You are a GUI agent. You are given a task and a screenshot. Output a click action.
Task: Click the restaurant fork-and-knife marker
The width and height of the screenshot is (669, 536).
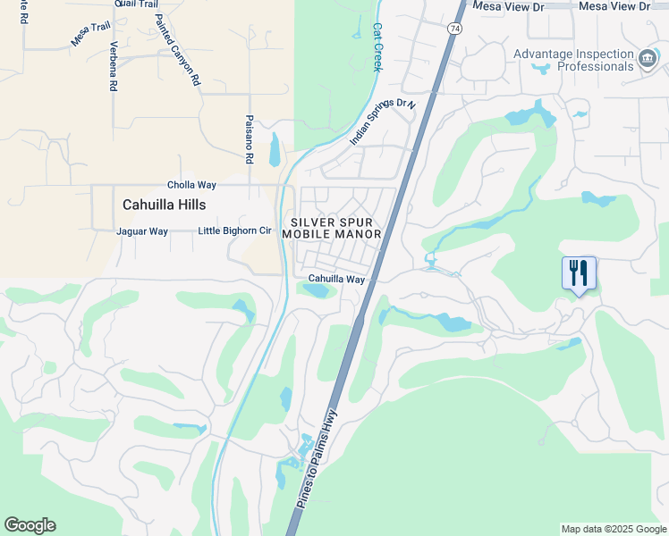[x=579, y=272]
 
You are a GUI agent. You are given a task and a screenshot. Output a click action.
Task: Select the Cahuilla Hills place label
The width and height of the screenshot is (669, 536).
[x=165, y=205]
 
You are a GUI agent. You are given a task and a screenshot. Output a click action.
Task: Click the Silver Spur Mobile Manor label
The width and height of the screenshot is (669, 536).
[x=332, y=228]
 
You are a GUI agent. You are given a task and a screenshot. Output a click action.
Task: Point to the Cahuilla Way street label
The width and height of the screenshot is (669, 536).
[x=337, y=280]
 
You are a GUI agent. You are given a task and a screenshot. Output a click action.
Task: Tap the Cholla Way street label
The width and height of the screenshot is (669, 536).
[x=192, y=185]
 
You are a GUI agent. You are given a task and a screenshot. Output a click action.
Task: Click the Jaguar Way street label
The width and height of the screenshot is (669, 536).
[x=142, y=231]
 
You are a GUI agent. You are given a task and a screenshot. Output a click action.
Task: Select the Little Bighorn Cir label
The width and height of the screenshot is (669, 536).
[x=234, y=230]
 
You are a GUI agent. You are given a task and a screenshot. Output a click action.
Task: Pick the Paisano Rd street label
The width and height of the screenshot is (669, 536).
[x=249, y=138]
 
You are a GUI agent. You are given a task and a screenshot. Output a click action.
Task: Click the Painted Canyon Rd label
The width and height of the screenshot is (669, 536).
[x=178, y=49]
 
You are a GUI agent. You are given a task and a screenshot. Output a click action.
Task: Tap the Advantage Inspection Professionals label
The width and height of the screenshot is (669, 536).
[x=573, y=60]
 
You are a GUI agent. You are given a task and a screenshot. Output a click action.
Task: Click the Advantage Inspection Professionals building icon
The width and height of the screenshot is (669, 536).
[x=647, y=60]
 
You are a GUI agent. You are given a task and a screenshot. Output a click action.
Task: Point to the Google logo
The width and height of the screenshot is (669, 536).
[x=30, y=525]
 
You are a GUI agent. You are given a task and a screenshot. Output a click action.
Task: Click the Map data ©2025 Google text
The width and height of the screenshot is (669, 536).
[x=613, y=529]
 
